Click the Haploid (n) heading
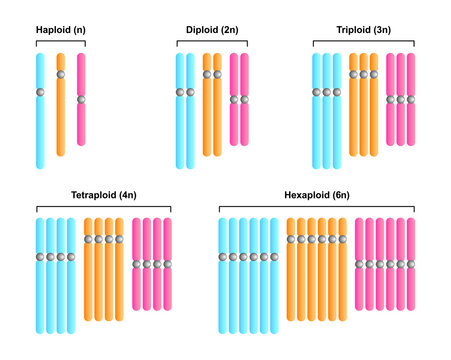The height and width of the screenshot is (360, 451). point(61,30)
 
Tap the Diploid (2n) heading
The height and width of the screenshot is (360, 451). point(212,30)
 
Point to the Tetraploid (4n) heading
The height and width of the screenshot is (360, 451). point(103,194)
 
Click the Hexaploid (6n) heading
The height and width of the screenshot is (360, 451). point(316,194)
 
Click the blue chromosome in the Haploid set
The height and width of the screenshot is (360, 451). point(40,120)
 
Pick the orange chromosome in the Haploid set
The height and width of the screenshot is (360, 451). point(61,120)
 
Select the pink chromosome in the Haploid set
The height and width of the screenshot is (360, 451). point(81,120)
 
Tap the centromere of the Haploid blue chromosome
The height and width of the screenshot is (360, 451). point(40,93)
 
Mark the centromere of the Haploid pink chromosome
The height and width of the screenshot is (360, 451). point(81,100)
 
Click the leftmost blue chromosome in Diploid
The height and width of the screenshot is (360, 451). point(180,120)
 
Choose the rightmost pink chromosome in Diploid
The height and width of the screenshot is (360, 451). point(244,120)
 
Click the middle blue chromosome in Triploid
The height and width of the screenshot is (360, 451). point(327,120)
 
